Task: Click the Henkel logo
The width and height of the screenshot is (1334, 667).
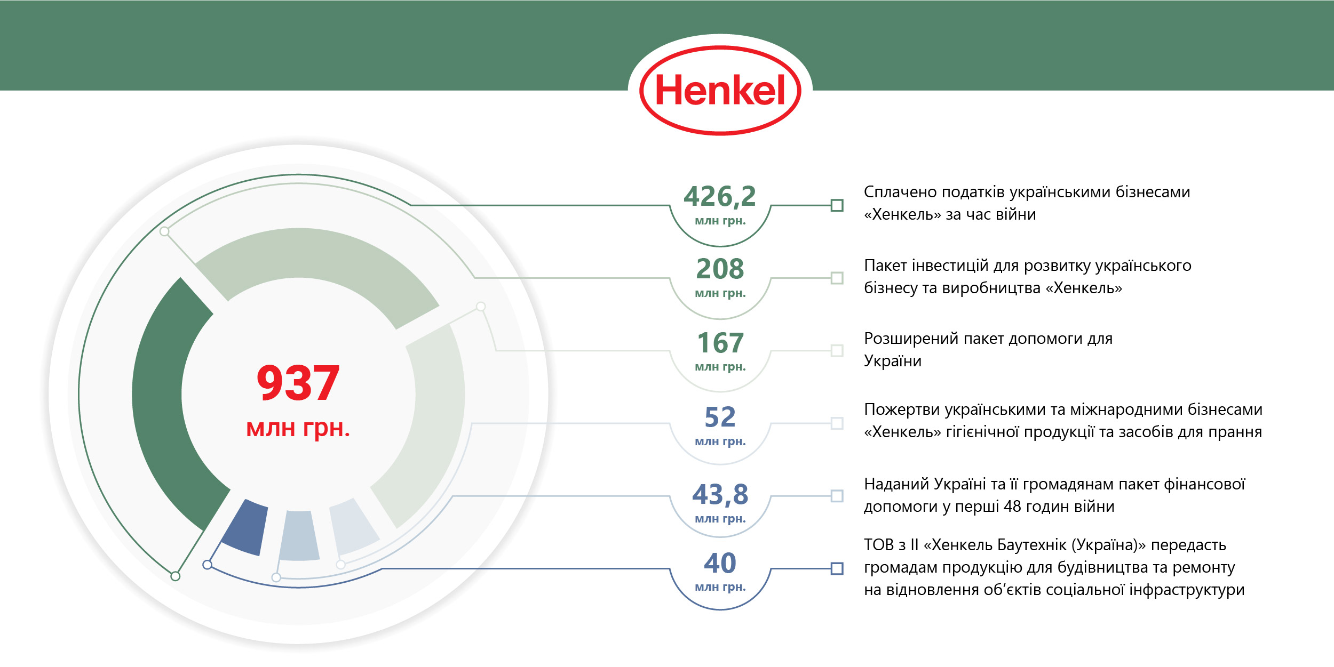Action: point(720,90)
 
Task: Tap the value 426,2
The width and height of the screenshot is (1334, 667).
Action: point(720,196)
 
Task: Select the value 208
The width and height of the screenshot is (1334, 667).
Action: point(720,269)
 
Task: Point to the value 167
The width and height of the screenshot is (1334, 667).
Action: point(720,343)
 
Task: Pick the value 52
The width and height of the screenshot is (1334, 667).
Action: point(720,417)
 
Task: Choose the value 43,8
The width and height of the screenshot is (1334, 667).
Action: point(720,494)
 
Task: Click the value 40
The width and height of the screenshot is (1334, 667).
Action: point(720,563)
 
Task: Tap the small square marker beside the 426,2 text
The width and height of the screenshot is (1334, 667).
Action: point(837,205)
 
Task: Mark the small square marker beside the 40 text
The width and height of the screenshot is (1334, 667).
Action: point(837,569)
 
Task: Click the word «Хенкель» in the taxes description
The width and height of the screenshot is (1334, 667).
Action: point(902,215)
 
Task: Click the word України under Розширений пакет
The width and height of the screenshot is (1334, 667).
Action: point(893,361)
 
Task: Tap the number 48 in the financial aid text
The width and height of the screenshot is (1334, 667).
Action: point(1012,507)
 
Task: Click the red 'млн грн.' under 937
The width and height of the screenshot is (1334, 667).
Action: point(298,428)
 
